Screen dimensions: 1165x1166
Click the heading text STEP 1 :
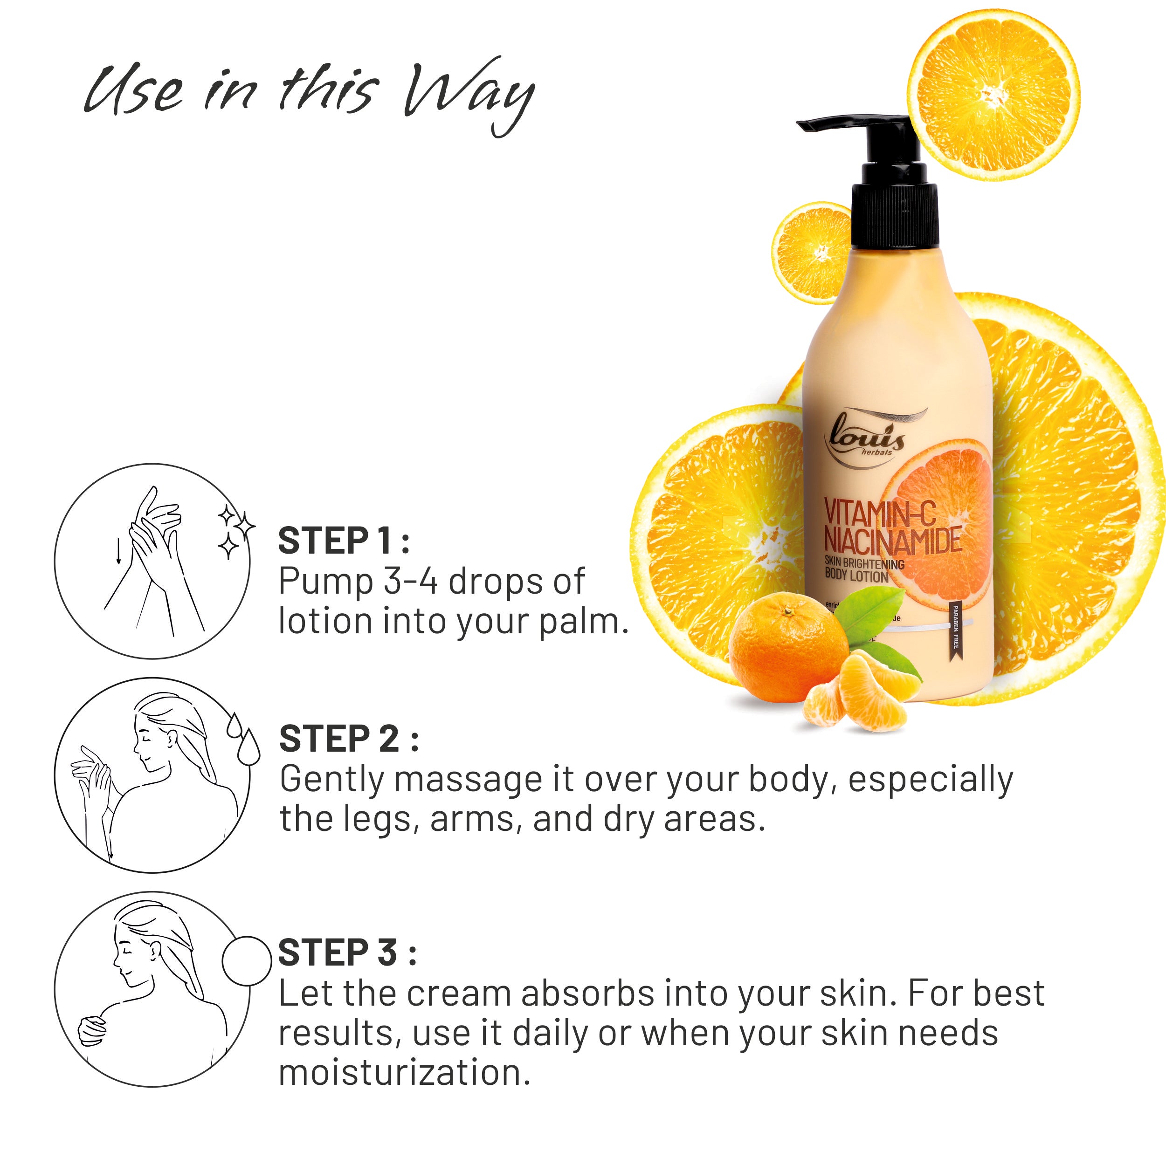click(343, 541)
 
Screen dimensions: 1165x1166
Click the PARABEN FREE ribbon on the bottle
click(955, 630)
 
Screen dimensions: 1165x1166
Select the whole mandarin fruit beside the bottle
click(787, 649)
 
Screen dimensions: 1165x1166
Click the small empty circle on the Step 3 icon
click(246, 960)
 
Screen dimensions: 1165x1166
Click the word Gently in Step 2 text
click(332, 780)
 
